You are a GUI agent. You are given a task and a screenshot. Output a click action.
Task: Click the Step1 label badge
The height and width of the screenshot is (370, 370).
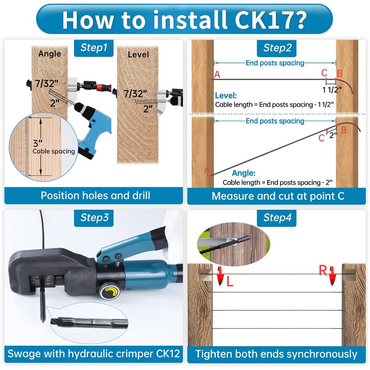pos(94,48)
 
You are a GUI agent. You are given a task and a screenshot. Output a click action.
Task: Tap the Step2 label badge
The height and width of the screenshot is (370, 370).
pos(277,49)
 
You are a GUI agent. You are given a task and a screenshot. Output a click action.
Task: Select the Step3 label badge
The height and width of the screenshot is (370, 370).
pos(94,218)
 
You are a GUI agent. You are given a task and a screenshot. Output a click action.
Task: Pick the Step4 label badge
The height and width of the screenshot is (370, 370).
pos(277,218)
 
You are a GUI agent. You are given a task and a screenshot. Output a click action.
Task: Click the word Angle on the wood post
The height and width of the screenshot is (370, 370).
pos(49,54)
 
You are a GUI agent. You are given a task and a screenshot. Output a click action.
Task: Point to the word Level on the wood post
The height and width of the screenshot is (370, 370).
pos(138,55)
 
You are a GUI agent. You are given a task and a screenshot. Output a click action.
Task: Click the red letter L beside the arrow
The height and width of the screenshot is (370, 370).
pos(229,282)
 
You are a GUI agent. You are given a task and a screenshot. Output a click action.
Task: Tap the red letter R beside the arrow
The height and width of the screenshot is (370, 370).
pos(323,270)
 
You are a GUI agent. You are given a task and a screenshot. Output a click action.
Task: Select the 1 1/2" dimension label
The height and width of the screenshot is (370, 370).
pos(332,90)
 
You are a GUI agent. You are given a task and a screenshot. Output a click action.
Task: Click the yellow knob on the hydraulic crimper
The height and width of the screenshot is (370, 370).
pos(109,293)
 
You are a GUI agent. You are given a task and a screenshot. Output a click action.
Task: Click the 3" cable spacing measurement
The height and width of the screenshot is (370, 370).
pos(37,143)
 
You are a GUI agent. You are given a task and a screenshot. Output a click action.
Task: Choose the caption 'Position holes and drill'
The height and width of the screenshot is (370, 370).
pos(95,196)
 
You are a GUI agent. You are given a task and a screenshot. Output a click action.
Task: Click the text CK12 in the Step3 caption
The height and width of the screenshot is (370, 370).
pos(168,354)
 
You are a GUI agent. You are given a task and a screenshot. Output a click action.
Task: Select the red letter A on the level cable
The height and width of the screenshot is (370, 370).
pos(217,74)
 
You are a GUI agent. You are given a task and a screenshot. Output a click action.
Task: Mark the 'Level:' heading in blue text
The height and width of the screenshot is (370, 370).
pos(226,96)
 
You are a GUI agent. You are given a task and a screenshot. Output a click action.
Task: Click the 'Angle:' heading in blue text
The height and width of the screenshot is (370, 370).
pos(244,173)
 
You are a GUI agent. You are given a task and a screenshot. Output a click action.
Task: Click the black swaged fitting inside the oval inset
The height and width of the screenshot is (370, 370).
pos(90,322)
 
